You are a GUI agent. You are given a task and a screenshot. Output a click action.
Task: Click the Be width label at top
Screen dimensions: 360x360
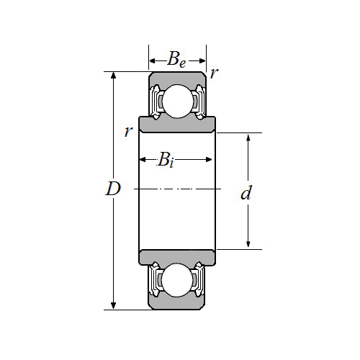pyautogui.click(x=176, y=60)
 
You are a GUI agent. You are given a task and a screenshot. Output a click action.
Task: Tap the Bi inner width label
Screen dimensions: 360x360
pyautogui.click(x=166, y=160)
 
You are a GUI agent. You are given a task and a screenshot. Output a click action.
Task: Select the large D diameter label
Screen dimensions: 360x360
pyautogui.click(x=113, y=189)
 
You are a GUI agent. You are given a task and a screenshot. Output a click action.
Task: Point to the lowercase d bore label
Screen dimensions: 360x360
pyautogui.click(x=246, y=193)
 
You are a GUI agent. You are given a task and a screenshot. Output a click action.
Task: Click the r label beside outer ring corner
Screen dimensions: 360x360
pyautogui.click(x=214, y=73)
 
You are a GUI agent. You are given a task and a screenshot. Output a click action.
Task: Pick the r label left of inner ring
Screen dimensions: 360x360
pyautogui.click(x=128, y=131)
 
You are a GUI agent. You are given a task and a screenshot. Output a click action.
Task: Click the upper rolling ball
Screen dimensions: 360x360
pyautogui.click(x=178, y=101)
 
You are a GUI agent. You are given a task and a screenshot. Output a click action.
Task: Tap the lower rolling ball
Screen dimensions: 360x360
pyautogui.click(x=178, y=280)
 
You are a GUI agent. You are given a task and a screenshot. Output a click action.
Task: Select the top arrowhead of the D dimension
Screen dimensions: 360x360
pyautogui.click(x=114, y=75)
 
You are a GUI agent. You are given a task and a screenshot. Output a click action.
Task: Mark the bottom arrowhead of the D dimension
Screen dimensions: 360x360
pyautogui.click(x=114, y=306)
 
